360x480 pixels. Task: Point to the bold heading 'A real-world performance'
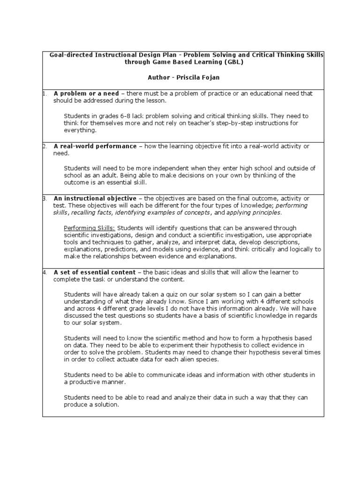(95, 146)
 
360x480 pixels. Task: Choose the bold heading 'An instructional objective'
(95, 199)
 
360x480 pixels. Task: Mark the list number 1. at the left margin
(45, 93)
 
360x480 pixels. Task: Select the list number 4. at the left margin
(45, 272)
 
